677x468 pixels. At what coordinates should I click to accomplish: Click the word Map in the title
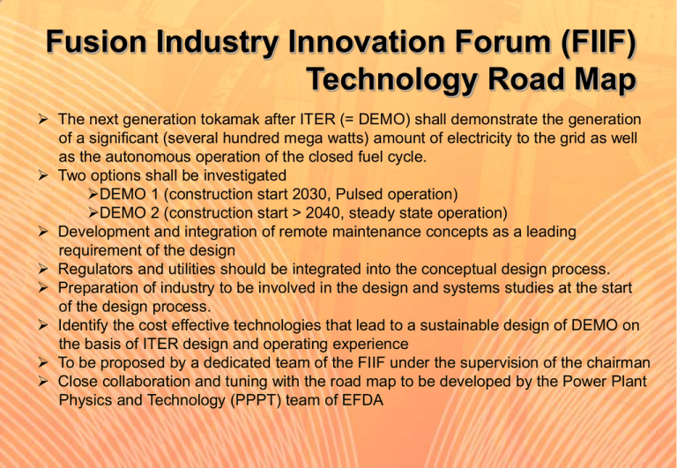(601, 80)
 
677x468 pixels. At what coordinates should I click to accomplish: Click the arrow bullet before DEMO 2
(93, 212)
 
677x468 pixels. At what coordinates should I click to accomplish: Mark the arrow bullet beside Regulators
(42, 269)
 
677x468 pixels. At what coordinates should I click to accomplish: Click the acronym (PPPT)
(256, 401)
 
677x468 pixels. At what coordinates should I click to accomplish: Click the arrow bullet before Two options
(42, 175)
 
